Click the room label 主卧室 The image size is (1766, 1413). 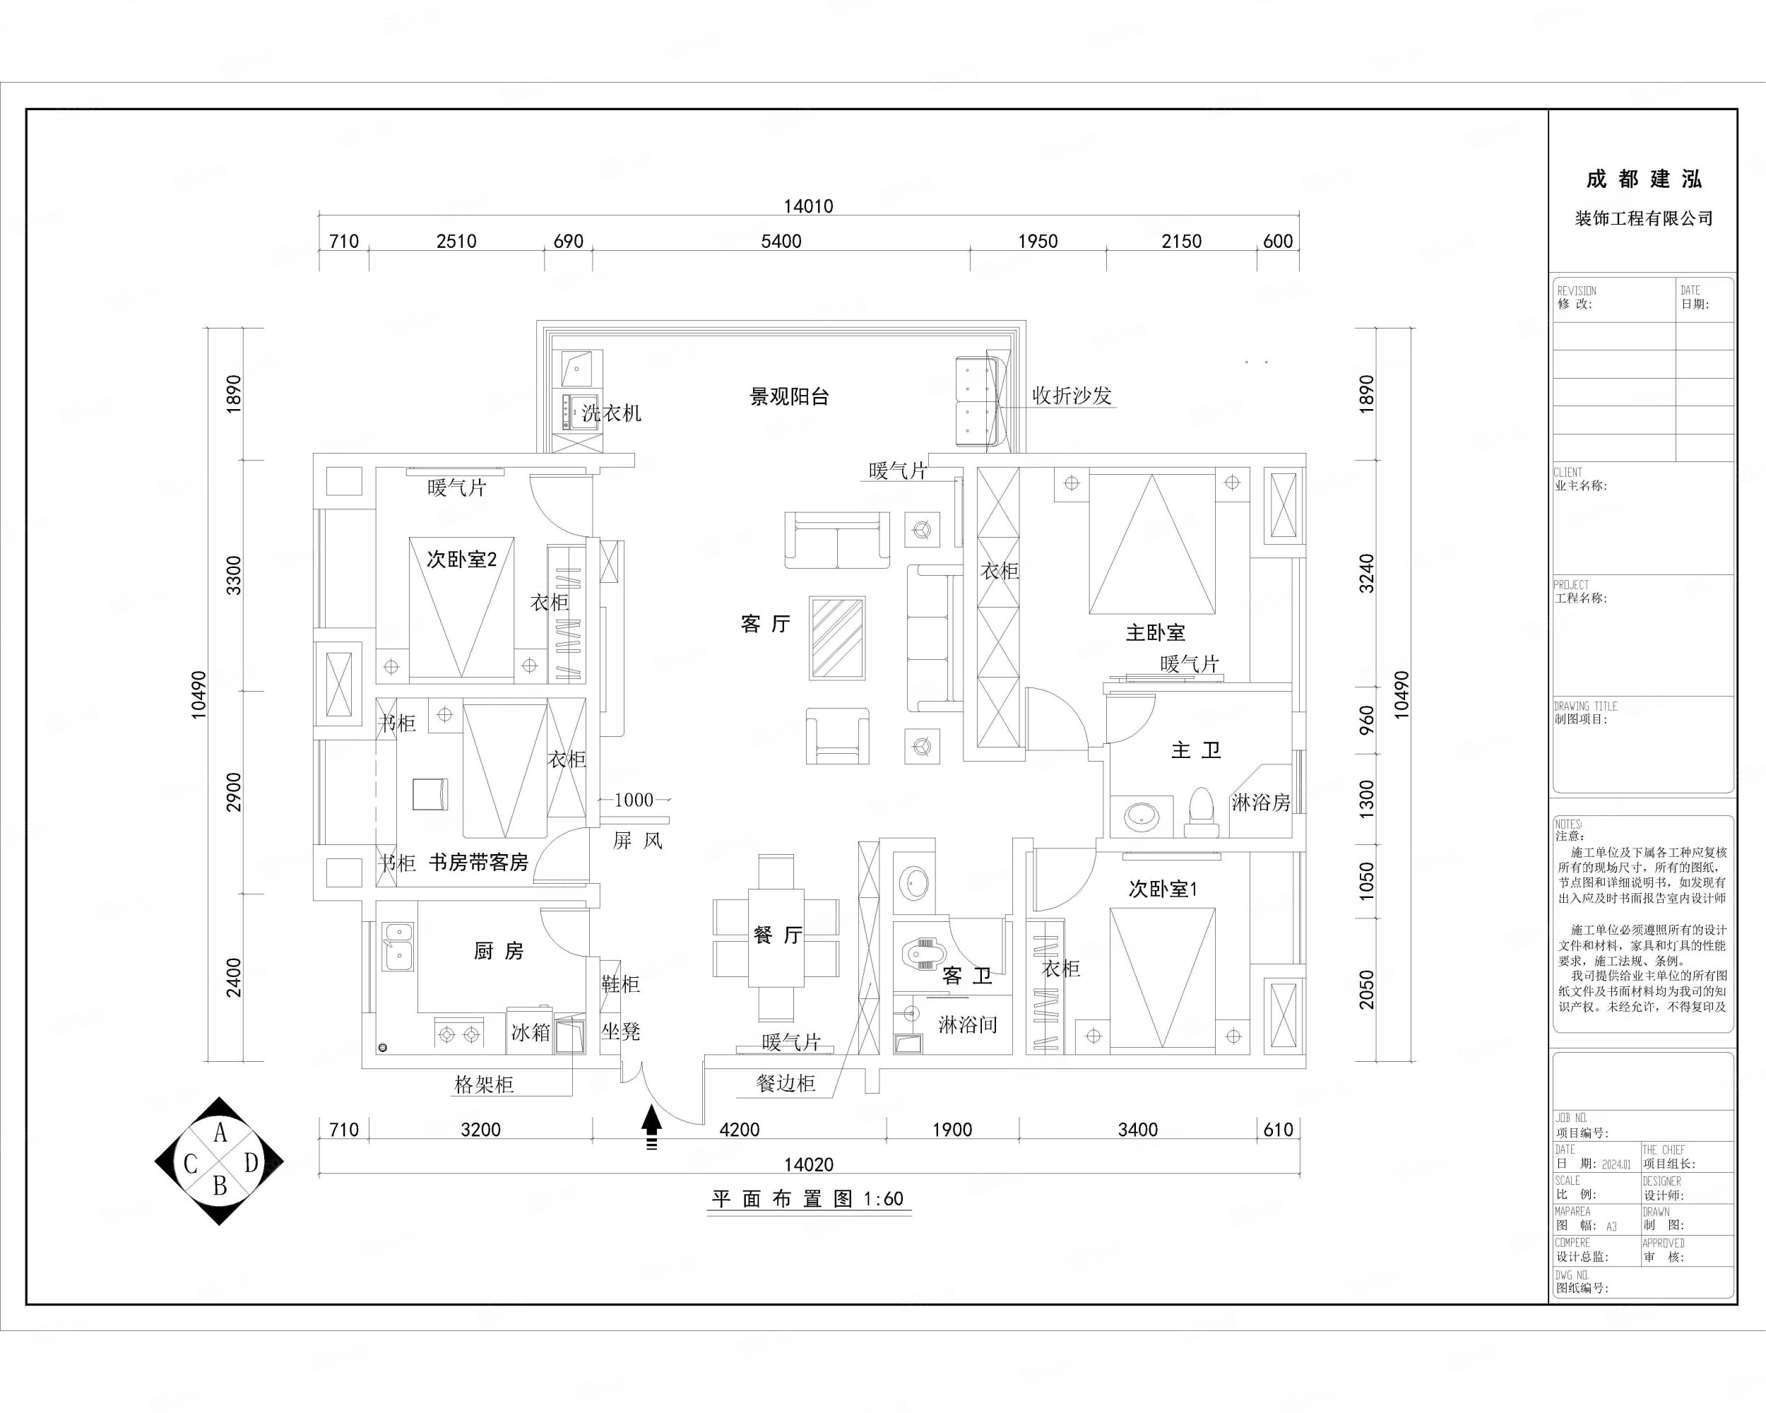click(x=1155, y=632)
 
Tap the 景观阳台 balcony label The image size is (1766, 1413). click(x=790, y=397)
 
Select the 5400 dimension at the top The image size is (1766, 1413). click(x=781, y=242)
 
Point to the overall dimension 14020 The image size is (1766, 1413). click(x=808, y=1164)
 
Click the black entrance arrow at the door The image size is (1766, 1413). click(x=651, y=1121)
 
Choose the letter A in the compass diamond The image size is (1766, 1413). click(x=220, y=1133)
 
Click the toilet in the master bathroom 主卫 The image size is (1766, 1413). click(x=1201, y=810)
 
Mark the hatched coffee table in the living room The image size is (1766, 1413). click(x=837, y=638)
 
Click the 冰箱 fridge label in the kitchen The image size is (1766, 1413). click(x=530, y=1032)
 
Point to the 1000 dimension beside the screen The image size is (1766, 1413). click(x=634, y=800)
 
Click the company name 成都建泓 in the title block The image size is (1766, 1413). click(x=1643, y=179)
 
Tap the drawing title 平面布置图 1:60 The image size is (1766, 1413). click(x=807, y=1199)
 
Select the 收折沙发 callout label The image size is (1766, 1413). click(x=1072, y=396)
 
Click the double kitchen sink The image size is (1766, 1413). click(x=398, y=945)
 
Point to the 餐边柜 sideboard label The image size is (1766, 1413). click(x=786, y=1084)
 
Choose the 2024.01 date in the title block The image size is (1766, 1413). click(x=1616, y=1164)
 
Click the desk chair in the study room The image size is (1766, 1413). click(x=430, y=793)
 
